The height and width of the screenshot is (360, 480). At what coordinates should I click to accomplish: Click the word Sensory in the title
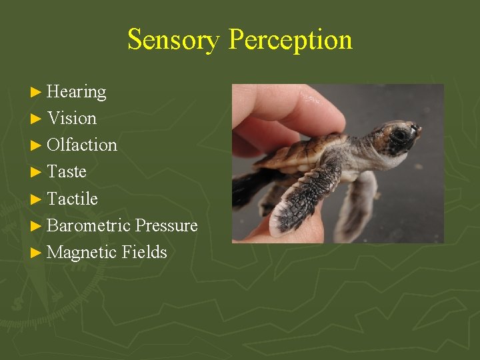[175, 40]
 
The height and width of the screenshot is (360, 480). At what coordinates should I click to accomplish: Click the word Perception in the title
[290, 40]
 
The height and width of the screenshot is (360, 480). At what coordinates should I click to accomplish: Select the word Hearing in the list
[77, 91]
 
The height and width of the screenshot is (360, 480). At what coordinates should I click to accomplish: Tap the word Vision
[72, 119]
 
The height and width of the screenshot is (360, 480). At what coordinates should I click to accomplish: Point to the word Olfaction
[82, 145]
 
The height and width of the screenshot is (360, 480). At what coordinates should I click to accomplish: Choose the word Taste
[67, 172]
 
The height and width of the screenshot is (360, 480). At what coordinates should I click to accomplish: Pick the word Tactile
[72, 199]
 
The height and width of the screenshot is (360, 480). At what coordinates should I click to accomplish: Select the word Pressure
[166, 226]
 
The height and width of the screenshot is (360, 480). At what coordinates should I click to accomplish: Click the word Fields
[145, 253]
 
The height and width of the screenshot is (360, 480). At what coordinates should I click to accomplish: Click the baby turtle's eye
[401, 134]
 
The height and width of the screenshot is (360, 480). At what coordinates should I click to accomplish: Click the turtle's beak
[417, 131]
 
